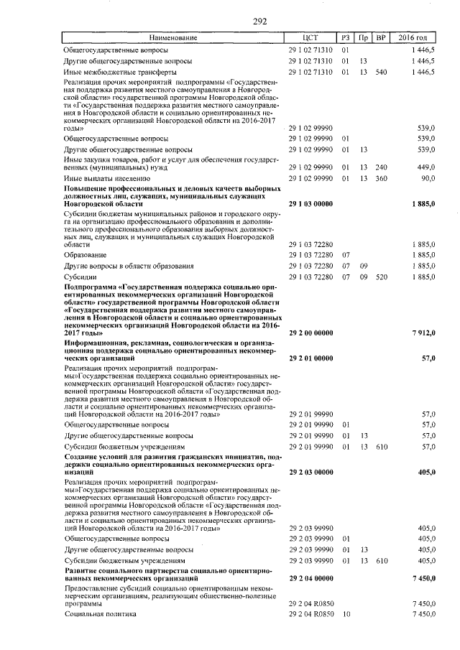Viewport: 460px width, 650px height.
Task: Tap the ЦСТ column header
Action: [x=310, y=37]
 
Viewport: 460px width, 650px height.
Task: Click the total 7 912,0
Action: [x=423, y=333]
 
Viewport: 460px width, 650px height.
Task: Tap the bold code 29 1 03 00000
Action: [x=310, y=204]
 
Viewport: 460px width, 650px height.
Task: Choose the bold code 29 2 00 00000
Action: [x=310, y=333]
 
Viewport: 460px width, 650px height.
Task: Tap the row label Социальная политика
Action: [x=95, y=615]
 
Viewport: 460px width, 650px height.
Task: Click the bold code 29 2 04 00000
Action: [x=310, y=577]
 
